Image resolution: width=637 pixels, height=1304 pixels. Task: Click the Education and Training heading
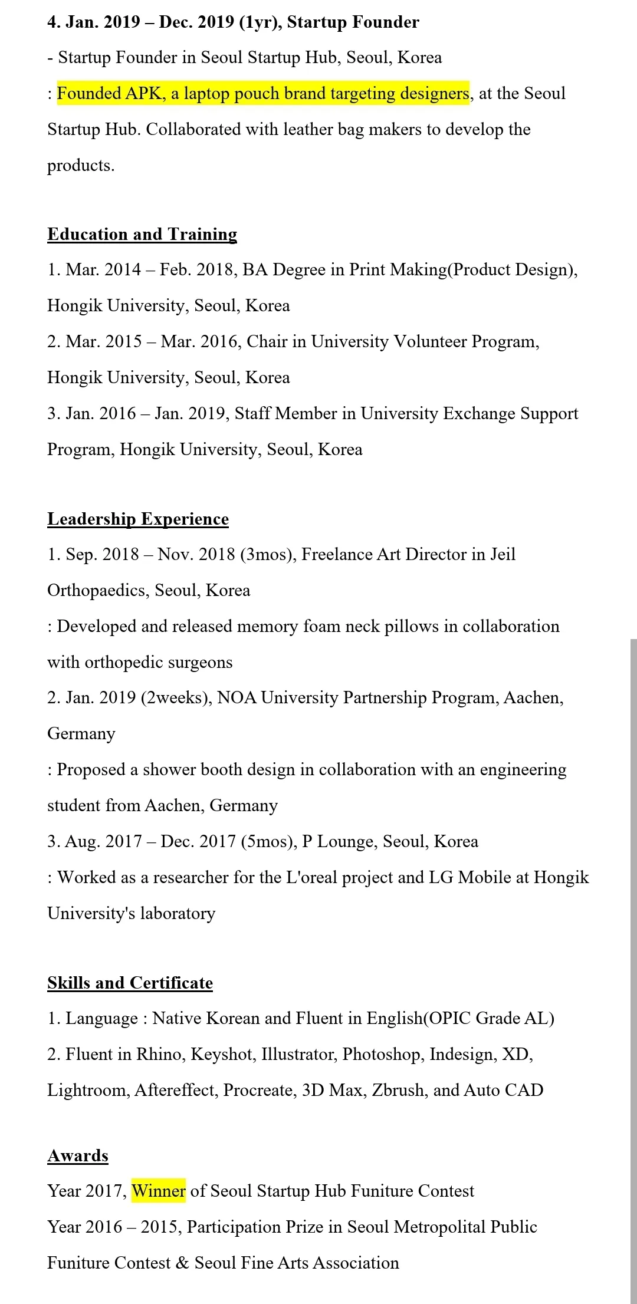(142, 234)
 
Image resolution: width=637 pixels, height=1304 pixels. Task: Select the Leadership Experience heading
(138, 519)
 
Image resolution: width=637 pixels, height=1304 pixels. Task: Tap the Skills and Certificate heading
(130, 983)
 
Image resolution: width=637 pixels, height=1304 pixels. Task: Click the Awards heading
(78, 1155)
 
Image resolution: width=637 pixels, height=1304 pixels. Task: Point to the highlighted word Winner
(159, 1191)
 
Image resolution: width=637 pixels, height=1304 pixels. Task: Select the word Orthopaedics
(96, 590)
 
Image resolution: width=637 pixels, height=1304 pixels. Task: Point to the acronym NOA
(237, 697)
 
